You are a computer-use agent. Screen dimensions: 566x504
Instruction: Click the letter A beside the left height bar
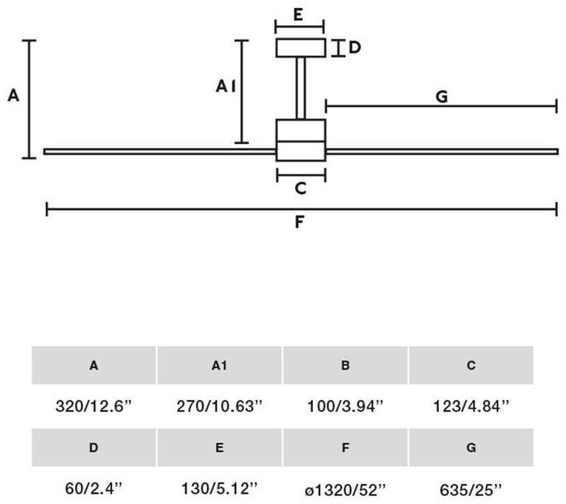tap(13, 96)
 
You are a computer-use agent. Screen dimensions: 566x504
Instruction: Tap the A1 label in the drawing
tap(226, 87)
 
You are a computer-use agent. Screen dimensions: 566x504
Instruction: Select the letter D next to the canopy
tap(354, 48)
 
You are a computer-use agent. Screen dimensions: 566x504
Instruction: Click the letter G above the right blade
tap(442, 96)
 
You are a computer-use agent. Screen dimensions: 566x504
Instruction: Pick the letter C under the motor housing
tap(300, 189)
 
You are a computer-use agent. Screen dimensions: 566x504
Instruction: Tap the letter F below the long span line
tap(300, 221)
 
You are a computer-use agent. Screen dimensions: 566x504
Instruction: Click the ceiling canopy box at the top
tap(300, 47)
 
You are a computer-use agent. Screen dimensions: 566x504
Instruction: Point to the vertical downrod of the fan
tap(300, 88)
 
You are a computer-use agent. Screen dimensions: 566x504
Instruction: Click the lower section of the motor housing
tap(300, 151)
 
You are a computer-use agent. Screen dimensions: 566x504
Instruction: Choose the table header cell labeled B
tap(345, 365)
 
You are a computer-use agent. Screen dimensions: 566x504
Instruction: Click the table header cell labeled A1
tap(219, 365)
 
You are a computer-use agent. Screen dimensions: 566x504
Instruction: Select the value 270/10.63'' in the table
tap(219, 405)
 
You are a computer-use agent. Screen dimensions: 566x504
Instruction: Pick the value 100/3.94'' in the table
tap(345, 405)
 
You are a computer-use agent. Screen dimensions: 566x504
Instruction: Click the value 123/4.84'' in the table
tap(472, 405)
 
